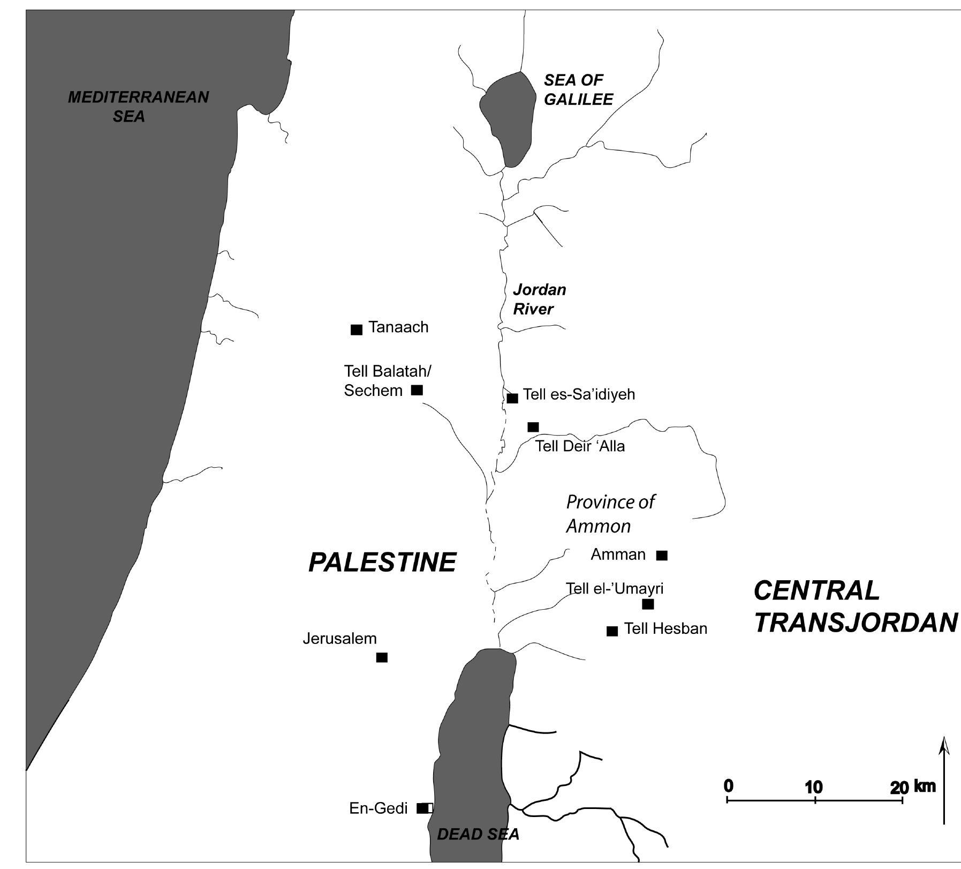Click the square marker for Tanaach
(356, 329)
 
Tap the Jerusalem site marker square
(382, 657)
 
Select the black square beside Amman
(662, 556)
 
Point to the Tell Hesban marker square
(612, 631)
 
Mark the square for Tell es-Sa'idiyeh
(512, 398)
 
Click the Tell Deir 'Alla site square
(533, 427)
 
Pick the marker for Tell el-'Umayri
(648, 604)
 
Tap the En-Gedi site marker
(422, 808)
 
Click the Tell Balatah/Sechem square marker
(417, 390)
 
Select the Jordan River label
(539, 299)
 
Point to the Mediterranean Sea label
(138, 106)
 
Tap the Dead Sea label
(478, 834)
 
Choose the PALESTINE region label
(382, 563)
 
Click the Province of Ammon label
(610, 514)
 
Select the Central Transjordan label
(855, 606)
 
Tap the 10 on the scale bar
(813, 787)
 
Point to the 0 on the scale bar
(728, 786)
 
